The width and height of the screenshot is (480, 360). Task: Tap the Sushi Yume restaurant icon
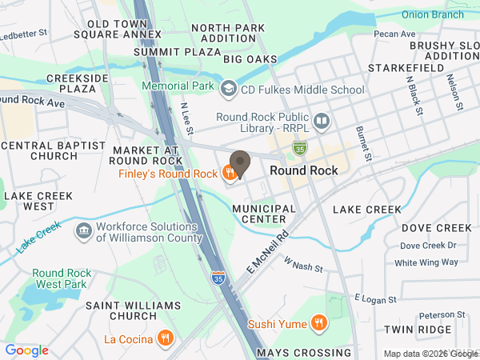click(319, 323)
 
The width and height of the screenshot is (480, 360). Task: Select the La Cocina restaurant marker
click(166, 338)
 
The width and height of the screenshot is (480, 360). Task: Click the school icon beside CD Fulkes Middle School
click(229, 86)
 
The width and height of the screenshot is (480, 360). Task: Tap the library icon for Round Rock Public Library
click(322, 122)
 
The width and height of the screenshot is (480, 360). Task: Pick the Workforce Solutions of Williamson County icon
click(82, 232)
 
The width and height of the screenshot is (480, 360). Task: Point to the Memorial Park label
click(177, 86)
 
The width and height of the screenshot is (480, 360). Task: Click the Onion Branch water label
click(433, 14)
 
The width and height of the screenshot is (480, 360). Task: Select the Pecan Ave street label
click(395, 34)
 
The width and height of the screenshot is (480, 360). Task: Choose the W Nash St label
click(302, 266)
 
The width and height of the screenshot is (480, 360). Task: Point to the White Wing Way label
click(426, 262)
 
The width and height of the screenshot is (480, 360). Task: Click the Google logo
click(27, 350)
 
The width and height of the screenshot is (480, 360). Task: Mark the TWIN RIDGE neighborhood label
click(418, 330)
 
